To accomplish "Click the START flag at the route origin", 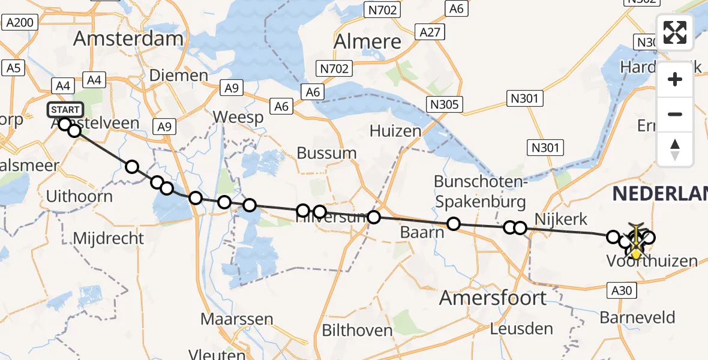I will tap(65, 110).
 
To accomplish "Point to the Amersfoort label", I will tap(493, 298).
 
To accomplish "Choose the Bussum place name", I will tap(327, 153).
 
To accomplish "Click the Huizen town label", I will tap(395, 130).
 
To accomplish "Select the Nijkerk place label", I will tap(560, 218).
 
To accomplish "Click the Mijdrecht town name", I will tap(109, 238).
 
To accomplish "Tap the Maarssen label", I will tap(237, 319).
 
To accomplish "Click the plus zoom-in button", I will tap(675, 79).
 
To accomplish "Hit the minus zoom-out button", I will tap(675, 114).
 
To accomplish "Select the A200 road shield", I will tap(20, 23).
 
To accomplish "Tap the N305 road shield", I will tap(445, 105).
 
